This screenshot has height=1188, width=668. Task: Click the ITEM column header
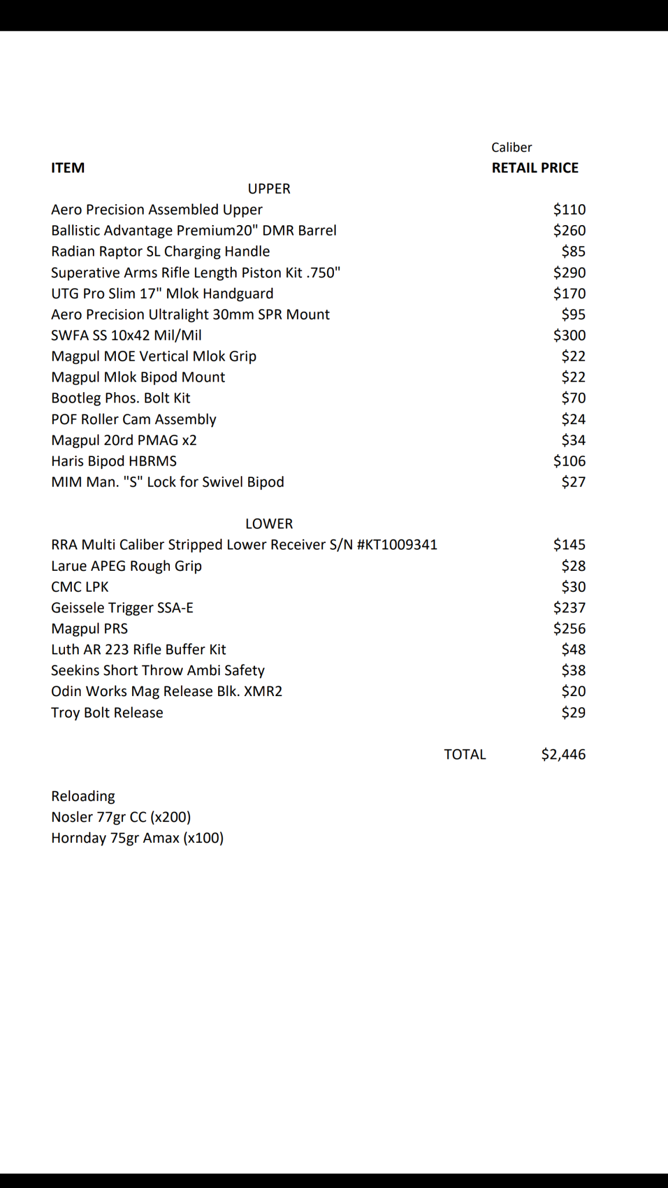point(68,168)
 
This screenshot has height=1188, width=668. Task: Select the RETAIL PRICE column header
point(535,168)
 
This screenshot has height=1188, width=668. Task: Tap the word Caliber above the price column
point(511,147)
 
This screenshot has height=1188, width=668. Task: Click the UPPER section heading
point(269,189)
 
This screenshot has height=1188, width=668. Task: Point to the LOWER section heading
point(269,524)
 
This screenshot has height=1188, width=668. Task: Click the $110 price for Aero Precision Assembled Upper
point(569,209)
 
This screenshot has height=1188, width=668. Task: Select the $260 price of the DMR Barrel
point(569,230)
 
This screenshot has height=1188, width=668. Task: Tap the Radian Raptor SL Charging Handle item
point(160,252)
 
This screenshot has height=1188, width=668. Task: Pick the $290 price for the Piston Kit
point(569,273)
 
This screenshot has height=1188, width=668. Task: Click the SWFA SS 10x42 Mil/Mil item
point(126,335)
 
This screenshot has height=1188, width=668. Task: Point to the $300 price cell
point(569,335)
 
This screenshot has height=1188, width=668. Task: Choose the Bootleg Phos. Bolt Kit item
point(121,398)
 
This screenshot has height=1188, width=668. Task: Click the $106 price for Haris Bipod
point(569,461)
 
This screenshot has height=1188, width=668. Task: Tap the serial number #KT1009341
point(397,545)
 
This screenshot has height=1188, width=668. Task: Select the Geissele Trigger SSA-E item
point(122,608)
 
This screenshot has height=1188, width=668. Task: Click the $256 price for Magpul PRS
point(569,629)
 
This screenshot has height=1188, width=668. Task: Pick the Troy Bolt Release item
point(107,712)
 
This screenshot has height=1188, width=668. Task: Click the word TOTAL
point(464,754)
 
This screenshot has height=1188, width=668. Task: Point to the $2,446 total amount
point(563,754)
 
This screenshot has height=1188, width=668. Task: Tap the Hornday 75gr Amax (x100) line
point(137,838)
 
